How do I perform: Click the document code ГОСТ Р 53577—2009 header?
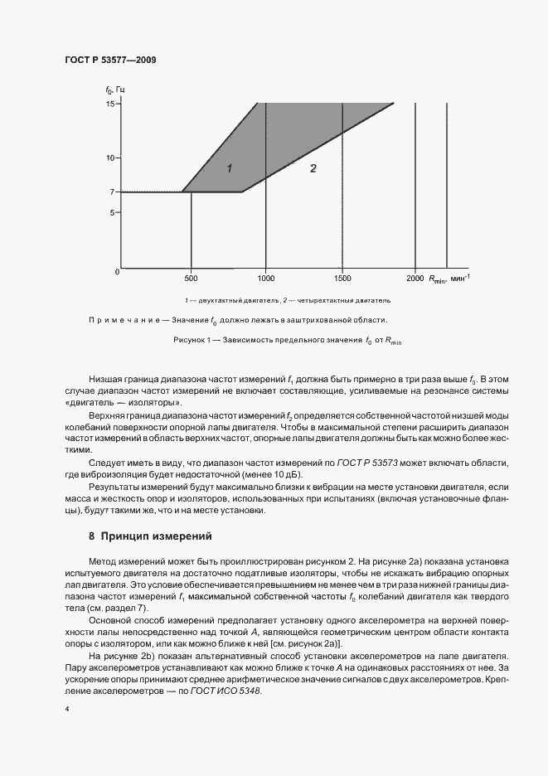(x=109, y=61)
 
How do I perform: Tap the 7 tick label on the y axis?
(x=111, y=192)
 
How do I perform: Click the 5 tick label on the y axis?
(x=111, y=212)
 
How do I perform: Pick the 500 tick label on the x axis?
(x=192, y=279)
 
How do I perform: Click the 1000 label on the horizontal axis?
(x=265, y=279)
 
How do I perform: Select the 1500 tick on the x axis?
(x=342, y=279)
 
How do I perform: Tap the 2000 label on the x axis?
(x=415, y=279)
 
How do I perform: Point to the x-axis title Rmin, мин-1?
(x=449, y=279)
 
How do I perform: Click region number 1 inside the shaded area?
(x=230, y=168)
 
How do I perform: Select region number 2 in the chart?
(x=313, y=168)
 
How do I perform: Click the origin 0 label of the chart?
(x=117, y=272)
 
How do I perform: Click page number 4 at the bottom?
(x=66, y=709)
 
